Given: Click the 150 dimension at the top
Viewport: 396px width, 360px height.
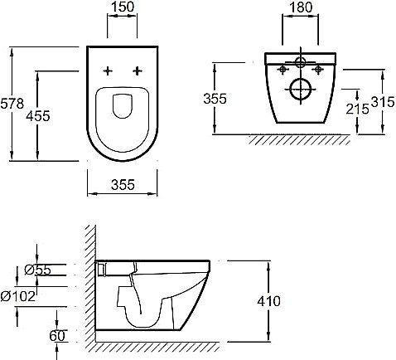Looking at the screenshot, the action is (x=123, y=7).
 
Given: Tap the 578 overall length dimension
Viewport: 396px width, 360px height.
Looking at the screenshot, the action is (x=12, y=104).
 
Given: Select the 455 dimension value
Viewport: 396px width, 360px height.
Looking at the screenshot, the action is (x=38, y=116).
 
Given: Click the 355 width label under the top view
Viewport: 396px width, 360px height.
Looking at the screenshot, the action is (x=123, y=185).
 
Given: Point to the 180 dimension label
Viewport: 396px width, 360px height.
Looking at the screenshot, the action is (x=301, y=7).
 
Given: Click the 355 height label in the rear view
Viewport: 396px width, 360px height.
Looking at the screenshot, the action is (x=215, y=99).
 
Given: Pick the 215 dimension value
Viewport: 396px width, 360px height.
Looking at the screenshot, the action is (x=357, y=109).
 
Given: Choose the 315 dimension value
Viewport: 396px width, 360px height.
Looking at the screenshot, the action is (x=383, y=102).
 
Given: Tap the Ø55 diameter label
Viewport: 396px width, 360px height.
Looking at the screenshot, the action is (x=38, y=270).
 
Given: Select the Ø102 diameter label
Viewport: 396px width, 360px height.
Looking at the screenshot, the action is (x=18, y=296).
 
